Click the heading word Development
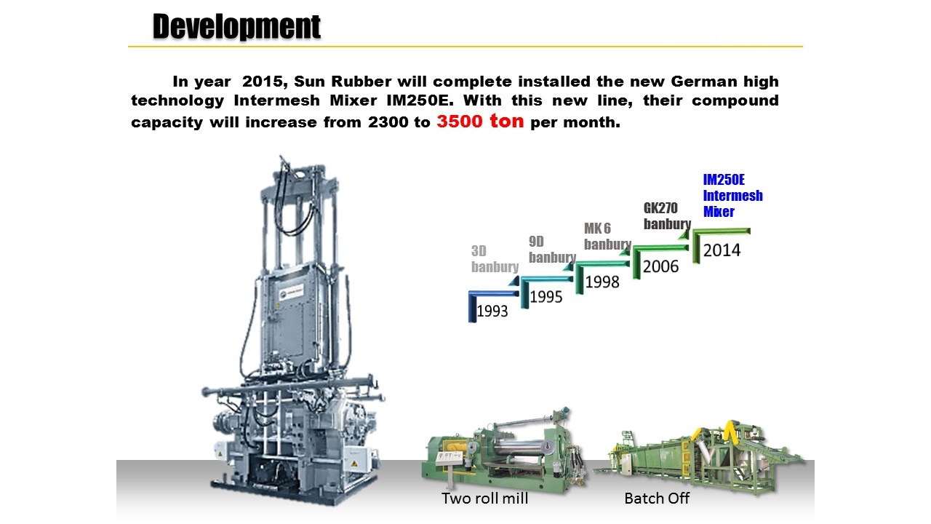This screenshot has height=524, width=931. click(236, 27)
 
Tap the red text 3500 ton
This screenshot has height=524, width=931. click(480, 121)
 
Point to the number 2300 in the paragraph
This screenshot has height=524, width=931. click(388, 122)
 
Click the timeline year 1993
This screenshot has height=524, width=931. click(492, 311)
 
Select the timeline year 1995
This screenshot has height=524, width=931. click(546, 297)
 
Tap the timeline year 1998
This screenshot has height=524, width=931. click(602, 282)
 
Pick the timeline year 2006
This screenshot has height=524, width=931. click(661, 266)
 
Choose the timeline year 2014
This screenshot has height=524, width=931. click(722, 250)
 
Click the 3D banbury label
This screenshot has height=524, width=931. click(495, 258)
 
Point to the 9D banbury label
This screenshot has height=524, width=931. click(552, 249)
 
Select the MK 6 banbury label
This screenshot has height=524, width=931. click(607, 237)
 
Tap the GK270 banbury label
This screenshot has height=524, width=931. click(667, 216)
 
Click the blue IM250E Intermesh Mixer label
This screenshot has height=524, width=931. click(732, 196)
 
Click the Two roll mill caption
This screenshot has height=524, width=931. click(484, 499)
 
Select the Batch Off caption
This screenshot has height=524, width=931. click(657, 499)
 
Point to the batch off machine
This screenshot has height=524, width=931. click(700, 458)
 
